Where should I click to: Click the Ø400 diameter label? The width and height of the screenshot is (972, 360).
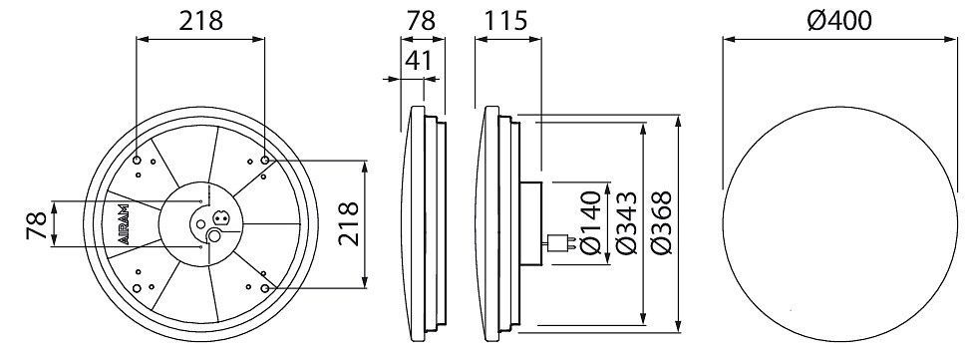pos(840,21)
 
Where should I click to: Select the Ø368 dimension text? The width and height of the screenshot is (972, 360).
pos(662,222)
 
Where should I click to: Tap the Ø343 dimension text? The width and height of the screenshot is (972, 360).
pos(627,222)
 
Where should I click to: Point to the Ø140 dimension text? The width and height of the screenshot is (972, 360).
pos(591,222)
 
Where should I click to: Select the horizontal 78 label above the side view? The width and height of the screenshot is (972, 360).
pos(421,21)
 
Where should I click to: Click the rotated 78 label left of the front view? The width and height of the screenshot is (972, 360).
pos(36,224)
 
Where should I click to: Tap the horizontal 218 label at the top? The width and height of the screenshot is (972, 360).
pos(200,21)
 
